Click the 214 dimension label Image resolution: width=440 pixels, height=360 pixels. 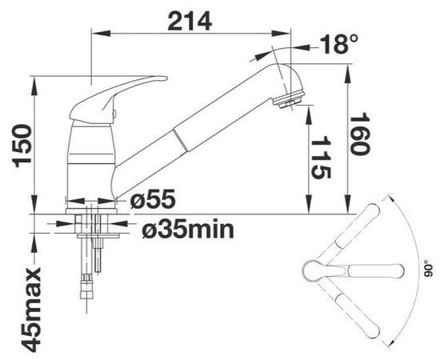click(190, 22)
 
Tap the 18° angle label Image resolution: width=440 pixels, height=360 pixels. click(338, 44)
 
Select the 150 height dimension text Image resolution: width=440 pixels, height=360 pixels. click(23, 146)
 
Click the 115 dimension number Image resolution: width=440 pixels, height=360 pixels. click(321, 157)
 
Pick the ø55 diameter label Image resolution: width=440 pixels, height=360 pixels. click(153, 198)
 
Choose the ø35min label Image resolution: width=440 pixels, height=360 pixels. click(188, 230)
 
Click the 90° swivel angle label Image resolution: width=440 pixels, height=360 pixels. click(426, 268)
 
